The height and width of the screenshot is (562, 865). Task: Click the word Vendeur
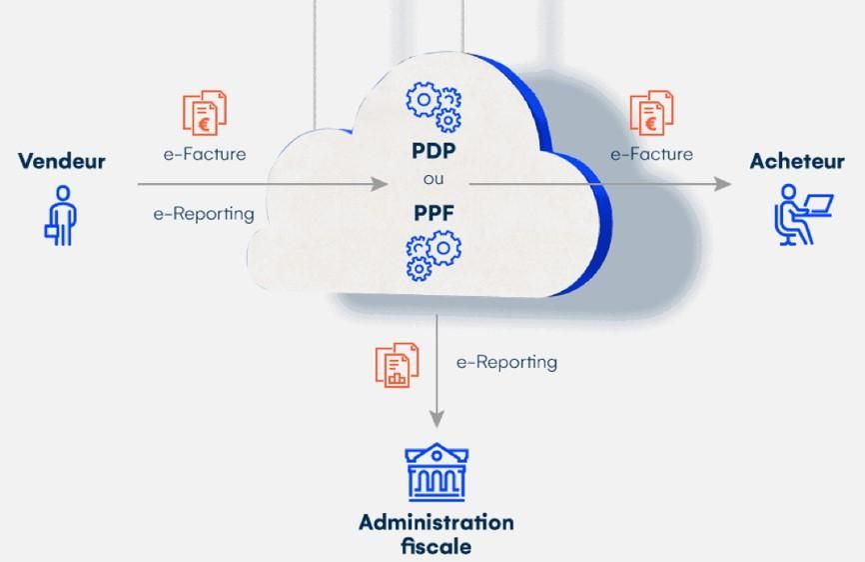coord(62,161)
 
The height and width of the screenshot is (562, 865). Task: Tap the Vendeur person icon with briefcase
coord(61,215)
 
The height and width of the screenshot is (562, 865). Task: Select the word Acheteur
coord(797,161)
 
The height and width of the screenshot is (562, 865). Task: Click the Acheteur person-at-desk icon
coord(803,215)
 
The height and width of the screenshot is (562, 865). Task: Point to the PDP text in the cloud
coord(433,151)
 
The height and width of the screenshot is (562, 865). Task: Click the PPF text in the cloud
coord(433,213)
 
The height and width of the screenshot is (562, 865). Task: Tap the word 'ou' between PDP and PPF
coord(433,179)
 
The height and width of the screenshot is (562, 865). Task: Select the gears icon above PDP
coord(433,107)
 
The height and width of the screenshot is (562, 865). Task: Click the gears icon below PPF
coord(433,256)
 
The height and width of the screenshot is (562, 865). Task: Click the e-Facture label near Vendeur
coord(205,154)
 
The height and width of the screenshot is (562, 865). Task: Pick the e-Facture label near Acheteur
coord(651,154)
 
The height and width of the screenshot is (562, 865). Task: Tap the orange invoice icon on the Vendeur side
coord(205,113)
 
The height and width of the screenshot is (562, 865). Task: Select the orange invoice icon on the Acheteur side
coord(651,113)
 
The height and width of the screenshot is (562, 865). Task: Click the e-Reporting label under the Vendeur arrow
coord(204,214)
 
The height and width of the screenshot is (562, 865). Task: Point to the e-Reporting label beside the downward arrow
coord(506,363)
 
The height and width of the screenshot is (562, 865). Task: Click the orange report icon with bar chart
coord(397,365)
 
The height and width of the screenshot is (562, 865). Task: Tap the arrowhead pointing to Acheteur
coord(722,184)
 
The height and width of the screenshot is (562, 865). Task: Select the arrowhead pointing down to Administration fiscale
coord(436,418)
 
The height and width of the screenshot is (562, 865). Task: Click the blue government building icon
coord(436,472)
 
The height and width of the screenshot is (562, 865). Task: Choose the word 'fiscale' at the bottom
coord(436,547)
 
